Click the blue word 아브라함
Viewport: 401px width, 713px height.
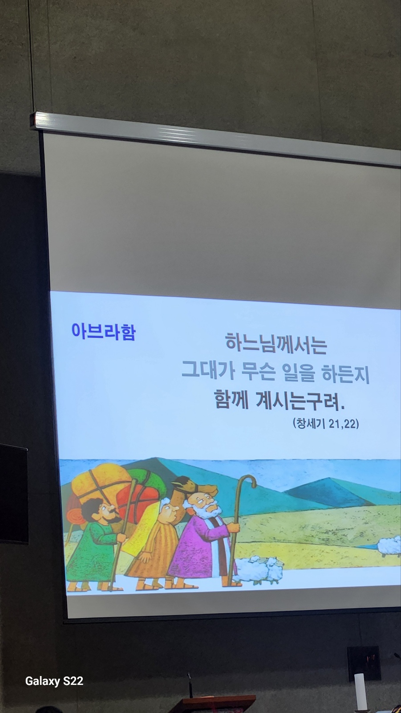pyautogui.click(x=104, y=332)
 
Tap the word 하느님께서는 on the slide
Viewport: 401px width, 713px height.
pyautogui.click(x=276, y=343)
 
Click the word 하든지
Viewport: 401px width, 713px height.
pyautogui.click(x=346, y=374)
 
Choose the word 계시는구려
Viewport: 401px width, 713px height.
pyautogui.click(x=300, y=402)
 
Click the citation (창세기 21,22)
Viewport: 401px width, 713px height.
pyautogui.click(x=326, y=423)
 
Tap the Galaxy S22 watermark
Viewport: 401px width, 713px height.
pyautogui.click(x=54, y=681)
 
